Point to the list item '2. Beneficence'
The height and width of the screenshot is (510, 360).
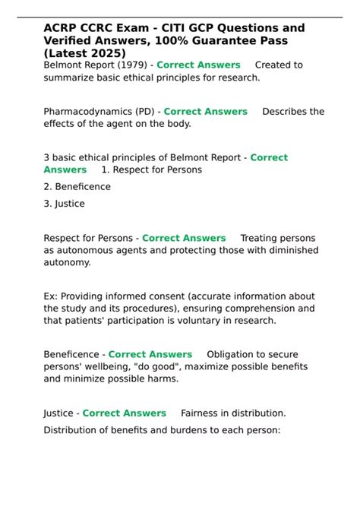[77, 187]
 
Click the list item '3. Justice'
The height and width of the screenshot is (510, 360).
[64, 204]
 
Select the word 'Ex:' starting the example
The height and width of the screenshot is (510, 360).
[51, 296]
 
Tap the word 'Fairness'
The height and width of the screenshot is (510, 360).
[201, 413]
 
